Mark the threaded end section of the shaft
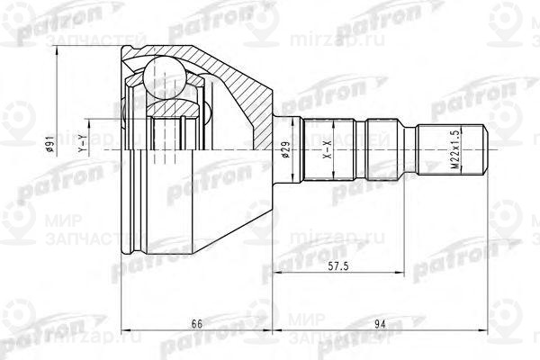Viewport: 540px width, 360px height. pyautogui.click(x=454, y=148)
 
